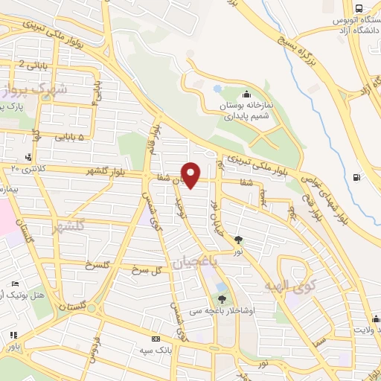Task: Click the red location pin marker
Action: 191,175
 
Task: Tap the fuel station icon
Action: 358,177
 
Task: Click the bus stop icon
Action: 359,7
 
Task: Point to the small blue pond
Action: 217,89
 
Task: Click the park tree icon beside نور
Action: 238,240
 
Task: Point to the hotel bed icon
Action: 16,284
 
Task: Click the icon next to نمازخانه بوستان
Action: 246,95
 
